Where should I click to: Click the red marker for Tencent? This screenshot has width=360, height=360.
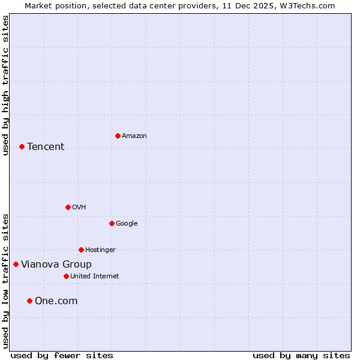[x=22, y=146]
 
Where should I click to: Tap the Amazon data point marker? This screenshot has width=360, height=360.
[x=118, y=136]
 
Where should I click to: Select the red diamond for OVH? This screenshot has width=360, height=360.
[x=68, y=207]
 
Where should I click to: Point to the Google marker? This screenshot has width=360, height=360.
[x=112, y=223]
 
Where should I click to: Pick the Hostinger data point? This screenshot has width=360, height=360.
[x=81, y=250]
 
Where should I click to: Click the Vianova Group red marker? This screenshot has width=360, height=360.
[x=16, y=264]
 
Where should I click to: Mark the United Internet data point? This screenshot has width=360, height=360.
[x=66, y=276]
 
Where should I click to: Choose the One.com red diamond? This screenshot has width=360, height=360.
[x=29, y=301]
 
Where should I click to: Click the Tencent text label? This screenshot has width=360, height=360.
[x=46, y=147]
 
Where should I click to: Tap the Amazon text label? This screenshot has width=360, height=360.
[x=134, y=136]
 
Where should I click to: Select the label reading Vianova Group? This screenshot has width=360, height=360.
[x=56, y=265]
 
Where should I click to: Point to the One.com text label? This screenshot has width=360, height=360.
[x=56, y=301]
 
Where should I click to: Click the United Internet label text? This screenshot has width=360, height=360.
[x=95, y=277]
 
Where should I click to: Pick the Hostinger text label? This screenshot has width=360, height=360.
[x=100, y=250]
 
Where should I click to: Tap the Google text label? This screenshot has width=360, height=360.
[x=127, y=224]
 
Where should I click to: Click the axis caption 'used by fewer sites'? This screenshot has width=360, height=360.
[x=62, y=355]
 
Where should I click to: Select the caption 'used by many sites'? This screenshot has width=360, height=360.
[x=301, y=355]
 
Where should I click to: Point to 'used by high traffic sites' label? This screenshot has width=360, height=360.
[x=5, y=85]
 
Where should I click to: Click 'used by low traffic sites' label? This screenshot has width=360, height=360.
[x=5, y=281]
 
